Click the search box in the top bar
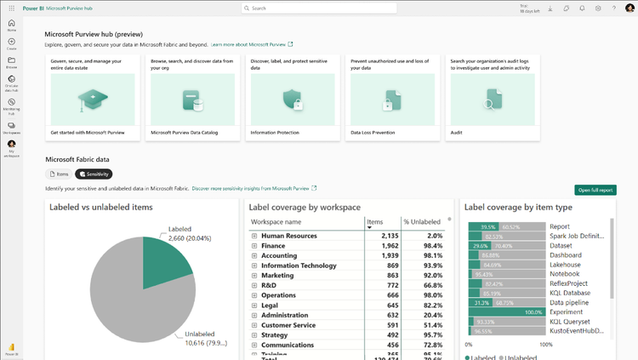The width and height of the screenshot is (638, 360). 319,9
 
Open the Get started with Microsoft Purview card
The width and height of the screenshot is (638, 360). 92,98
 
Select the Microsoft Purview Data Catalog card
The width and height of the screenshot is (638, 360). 192,98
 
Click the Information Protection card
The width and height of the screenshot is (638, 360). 292,98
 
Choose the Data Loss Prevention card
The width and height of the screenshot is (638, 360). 392,98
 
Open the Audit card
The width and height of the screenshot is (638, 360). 492,98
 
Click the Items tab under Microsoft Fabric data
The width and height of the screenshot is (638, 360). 59,174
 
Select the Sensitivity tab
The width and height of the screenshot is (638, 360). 94,174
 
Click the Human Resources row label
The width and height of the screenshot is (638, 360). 289,236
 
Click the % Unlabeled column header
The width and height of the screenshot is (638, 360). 424,222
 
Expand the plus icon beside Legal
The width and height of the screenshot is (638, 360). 254,306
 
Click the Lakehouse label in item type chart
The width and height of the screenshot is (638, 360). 565,265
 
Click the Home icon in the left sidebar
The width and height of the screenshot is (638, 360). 12,25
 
